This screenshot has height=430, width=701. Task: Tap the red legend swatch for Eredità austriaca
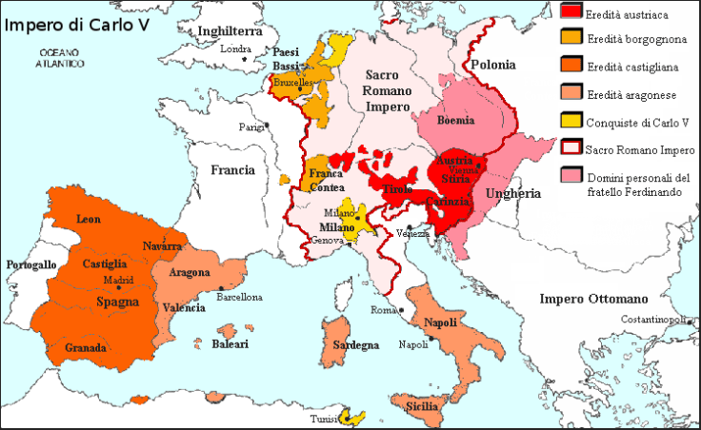[571, 11]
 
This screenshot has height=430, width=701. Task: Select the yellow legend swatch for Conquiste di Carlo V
[571, 121]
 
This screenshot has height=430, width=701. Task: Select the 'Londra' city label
[235, 49]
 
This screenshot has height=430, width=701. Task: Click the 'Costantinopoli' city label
[653, 319]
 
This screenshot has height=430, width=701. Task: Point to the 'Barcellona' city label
[239, 297]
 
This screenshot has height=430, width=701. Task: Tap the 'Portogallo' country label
[31, 264]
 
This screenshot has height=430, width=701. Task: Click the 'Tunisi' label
[324, 420]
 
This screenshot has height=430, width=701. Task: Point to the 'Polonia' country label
[492, 65]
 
